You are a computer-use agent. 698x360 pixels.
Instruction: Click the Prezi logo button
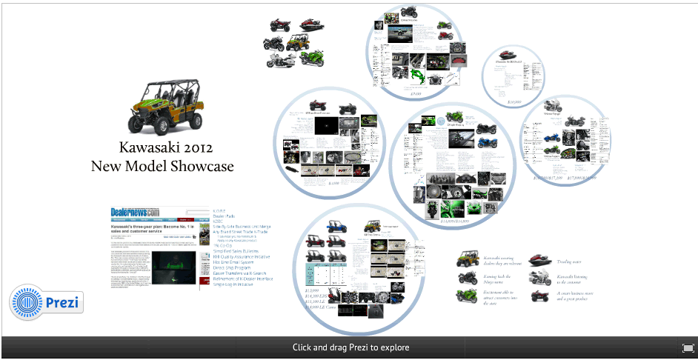pyautogui.click(x=46, y=303)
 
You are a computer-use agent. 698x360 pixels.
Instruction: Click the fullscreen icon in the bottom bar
pyautogui.click(x=688, y=347)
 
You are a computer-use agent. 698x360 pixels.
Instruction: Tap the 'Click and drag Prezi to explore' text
pyautogui.click(x=350, y=347)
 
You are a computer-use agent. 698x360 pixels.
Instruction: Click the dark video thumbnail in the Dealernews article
pyautogui.click(x=173, y=267)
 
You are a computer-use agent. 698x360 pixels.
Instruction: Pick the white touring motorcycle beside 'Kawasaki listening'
pyautogui.click(x=541, y=278)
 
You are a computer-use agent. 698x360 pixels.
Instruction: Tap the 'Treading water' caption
pyautogui.click(x=569, y=261)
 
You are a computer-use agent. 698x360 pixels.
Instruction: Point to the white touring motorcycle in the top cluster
pyautogui.click(x=279, y=60)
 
